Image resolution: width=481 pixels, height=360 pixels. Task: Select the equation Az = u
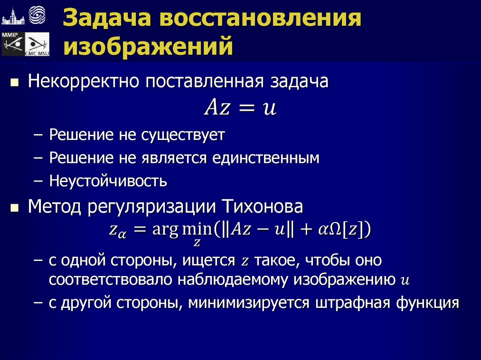tap(240, 108)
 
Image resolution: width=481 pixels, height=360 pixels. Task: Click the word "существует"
tap(183, 135)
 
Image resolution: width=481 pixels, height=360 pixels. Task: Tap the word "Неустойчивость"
tap(108, 181)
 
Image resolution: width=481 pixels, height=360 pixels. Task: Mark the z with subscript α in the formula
tap(116, 231)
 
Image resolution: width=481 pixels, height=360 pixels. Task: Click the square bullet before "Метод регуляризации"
tap(15, 207)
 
